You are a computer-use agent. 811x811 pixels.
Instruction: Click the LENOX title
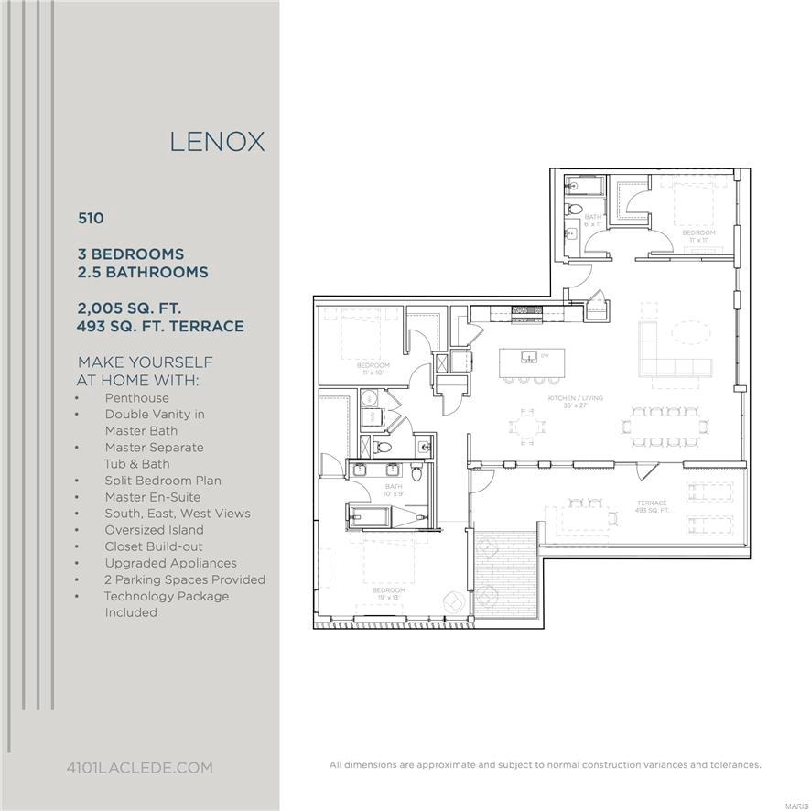[217, 142]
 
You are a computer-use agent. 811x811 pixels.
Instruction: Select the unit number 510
[91, 218]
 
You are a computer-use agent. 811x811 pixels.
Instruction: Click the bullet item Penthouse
[136, 398]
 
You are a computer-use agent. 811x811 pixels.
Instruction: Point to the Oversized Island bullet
[154, 530]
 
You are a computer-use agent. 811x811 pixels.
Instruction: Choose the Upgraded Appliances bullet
[170, 563]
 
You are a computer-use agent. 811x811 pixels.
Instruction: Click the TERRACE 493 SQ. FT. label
[652, 506]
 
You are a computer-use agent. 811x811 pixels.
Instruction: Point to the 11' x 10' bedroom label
[373, 369]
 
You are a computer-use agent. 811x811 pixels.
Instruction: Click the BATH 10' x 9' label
[394, 490]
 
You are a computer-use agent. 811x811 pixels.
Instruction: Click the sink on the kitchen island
[528, 355]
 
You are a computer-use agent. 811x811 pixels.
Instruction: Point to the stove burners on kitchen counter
[524, 311]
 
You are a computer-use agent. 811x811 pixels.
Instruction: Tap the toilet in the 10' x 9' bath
[417, 472]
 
